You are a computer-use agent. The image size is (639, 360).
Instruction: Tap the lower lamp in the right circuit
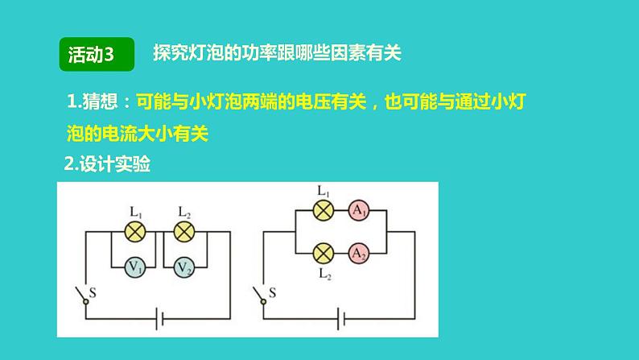pos(323,253)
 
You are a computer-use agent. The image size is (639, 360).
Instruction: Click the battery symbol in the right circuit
pos(347,320)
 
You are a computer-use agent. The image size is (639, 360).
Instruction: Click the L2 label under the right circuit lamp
pos(324,275)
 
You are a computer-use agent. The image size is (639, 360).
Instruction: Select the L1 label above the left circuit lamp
pos(136,213)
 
